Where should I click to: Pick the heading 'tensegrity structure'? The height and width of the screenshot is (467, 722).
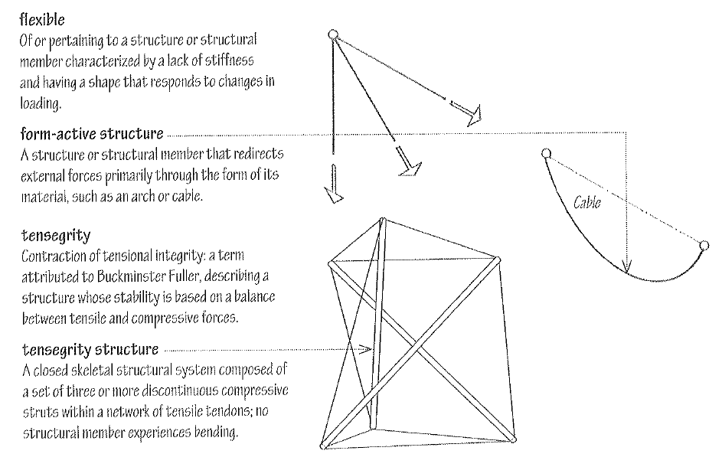(89, 350)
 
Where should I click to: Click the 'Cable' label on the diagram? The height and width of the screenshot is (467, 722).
(587, 203)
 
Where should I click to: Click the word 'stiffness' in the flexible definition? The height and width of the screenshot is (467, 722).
(238, 57)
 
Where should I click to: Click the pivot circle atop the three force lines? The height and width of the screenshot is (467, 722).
(332, 34)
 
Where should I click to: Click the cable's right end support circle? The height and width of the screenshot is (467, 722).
(703, 246)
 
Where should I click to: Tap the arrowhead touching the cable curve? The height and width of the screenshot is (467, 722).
(627, 267)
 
